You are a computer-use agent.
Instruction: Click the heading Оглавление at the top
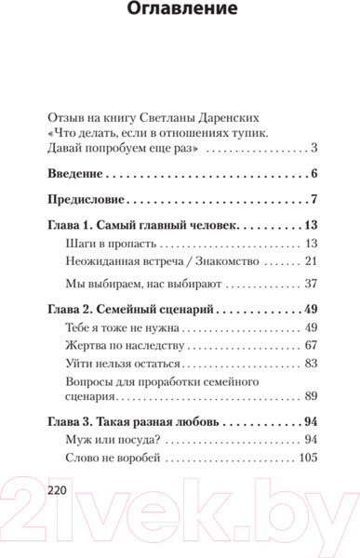click(x=180, y=11)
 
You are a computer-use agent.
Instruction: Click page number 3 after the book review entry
click(x=315, y=148)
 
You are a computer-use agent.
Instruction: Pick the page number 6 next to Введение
click(x=315, y=174)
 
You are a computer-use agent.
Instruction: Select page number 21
click(x=312, y=261)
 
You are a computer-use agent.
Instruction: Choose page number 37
click(x=312, y=284)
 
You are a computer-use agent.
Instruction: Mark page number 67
click(x=312, y=346)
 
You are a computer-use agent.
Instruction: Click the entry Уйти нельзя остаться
click(x=125, y=364)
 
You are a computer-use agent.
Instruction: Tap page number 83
click(x=312, y=364)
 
